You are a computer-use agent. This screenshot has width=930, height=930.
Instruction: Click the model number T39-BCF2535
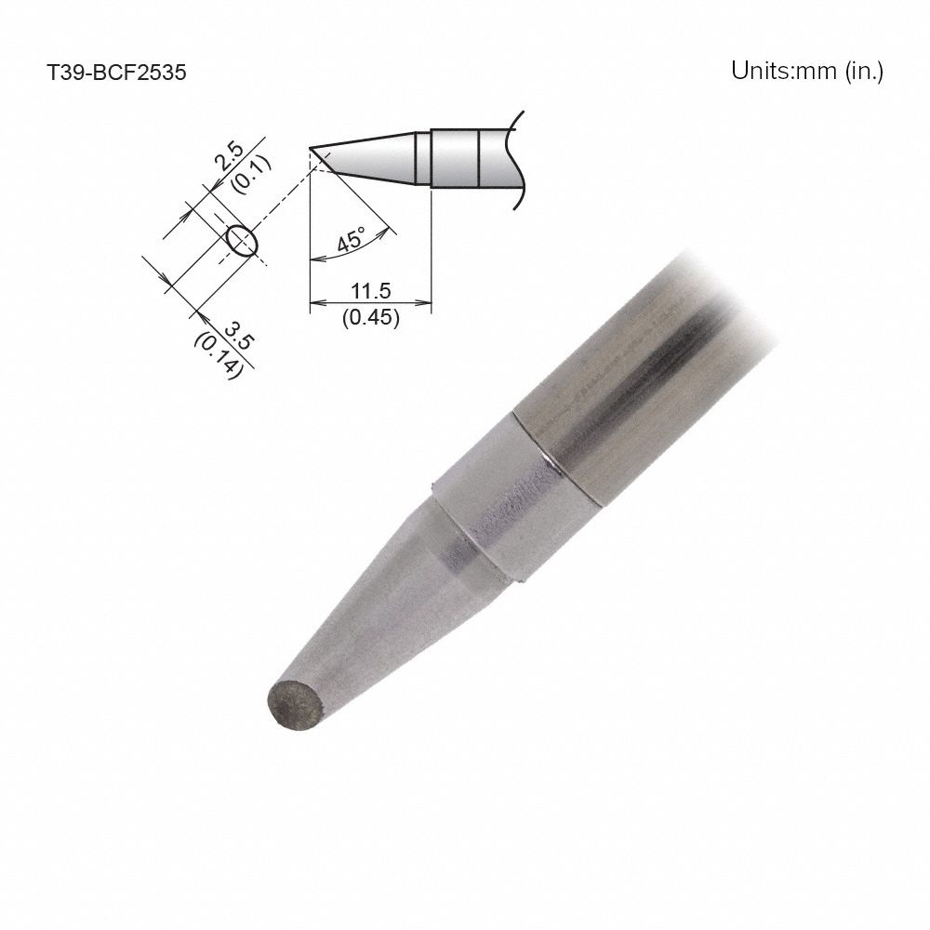(117, 73)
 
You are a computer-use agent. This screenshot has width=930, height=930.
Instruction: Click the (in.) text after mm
(863, 72)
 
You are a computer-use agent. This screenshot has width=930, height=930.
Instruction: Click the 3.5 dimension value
(238, 334)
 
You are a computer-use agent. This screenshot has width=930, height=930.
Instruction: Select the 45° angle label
(352, 241)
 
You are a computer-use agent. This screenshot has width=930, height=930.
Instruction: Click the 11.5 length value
(370, 290)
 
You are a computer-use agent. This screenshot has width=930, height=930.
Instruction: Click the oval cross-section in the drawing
(241, 240)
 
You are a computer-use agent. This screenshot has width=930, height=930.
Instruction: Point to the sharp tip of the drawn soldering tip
(311, 149)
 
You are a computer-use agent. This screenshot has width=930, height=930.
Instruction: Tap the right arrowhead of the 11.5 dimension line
(427, 303)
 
